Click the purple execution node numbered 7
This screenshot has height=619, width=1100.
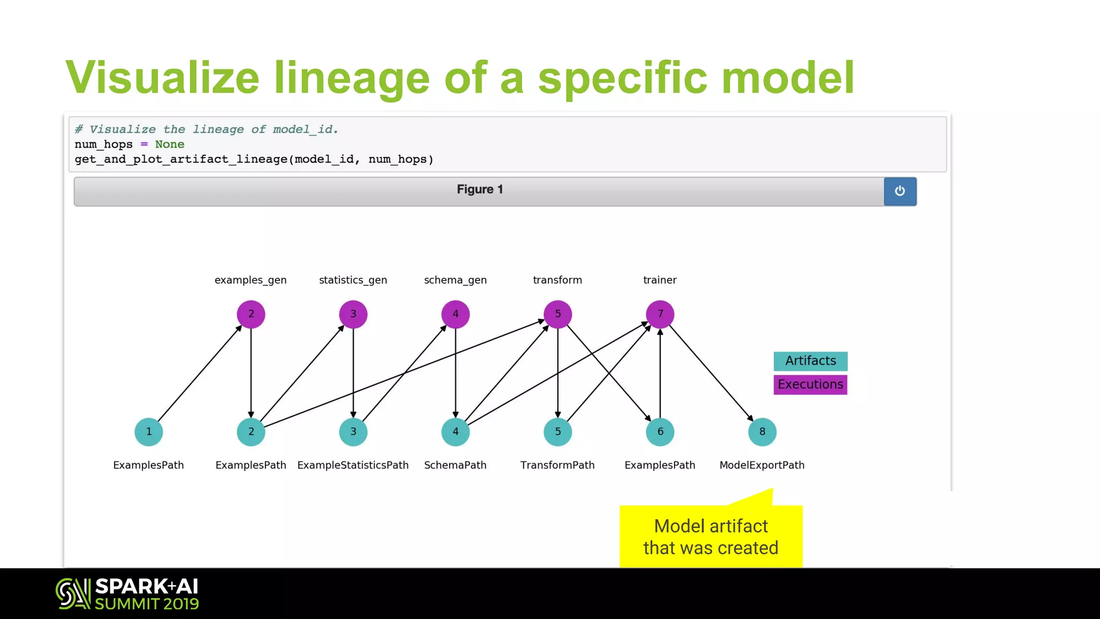[660, 314]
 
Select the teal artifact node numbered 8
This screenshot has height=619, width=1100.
[762, 431]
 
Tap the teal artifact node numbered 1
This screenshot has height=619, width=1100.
[149, 431]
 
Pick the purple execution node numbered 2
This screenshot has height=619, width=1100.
[251, 314]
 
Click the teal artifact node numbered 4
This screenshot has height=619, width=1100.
[455, 431]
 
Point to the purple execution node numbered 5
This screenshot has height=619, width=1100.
[558, 314]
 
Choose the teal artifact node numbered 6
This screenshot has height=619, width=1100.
[660, 431]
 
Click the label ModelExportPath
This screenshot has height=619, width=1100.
[762, 465]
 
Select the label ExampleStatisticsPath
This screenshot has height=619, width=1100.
[353, 465]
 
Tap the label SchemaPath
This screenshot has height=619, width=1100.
[455, 465]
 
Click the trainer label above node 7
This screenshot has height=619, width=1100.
[660, 280]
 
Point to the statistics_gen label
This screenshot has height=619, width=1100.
[353, 280]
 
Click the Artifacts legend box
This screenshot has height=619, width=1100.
[810, 361]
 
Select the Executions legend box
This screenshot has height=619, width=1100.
[810, 385]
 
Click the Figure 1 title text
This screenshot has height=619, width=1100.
[480, 190]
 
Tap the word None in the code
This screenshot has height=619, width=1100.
[169, 145]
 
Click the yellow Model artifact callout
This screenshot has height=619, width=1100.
[711, 536]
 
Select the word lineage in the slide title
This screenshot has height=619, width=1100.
[352, 78]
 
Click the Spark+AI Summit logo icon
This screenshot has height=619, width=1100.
[73, 594]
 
